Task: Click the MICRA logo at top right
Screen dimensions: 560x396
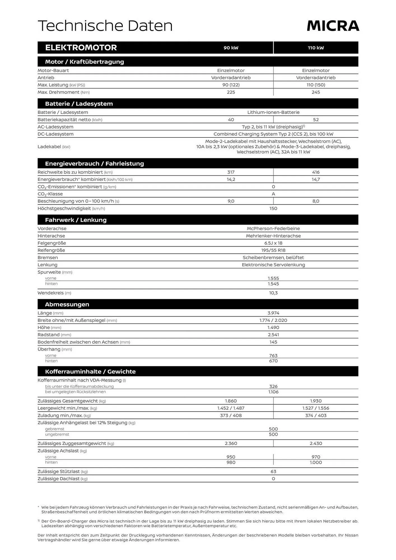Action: tap(333, 26)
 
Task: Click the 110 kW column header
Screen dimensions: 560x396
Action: tap(316, 48)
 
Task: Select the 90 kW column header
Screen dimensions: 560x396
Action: tap(231, 48)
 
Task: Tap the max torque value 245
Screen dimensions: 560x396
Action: tap(316, 92)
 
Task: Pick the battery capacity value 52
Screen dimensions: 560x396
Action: tap(316, 120)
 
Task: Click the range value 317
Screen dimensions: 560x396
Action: tap(231, 172)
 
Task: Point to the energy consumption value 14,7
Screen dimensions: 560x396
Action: tap(316, 179)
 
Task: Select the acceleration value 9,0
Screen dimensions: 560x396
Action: tap(231, 201)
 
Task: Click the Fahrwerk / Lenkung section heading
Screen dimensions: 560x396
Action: tap(76, 220)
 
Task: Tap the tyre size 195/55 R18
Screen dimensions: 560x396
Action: tap(273, 250)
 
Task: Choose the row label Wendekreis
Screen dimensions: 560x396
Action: tap(51, 293)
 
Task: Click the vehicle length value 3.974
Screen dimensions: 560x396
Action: tap(273, 313)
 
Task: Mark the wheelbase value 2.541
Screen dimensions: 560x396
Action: tap(273, 335)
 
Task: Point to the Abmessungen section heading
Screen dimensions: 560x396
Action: tap(67, 304)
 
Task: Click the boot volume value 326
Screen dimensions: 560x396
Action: tap(273, 386)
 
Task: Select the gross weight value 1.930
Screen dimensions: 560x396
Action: tap(316, 401)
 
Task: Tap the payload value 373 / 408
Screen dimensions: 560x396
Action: tap(231, 416)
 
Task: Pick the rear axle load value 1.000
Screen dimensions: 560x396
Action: tap(316, 462)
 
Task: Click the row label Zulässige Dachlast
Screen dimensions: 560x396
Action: tap(59, 479)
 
